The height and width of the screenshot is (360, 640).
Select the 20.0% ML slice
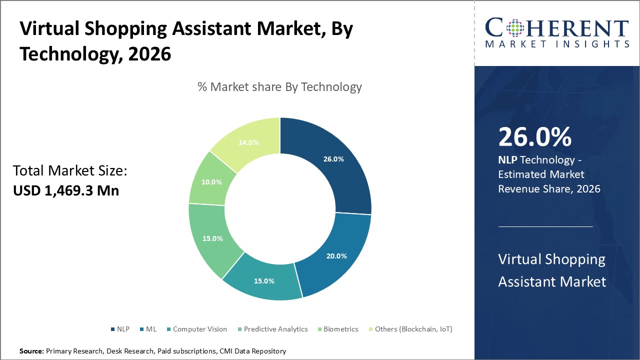(x=336, y=255)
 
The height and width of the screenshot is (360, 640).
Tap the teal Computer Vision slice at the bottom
(x=263, y=280)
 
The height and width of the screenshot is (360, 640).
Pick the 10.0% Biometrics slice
(x=212, y=182)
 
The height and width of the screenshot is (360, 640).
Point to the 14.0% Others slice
(x=248, y=142)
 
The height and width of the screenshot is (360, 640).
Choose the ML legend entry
(x=148, y=329)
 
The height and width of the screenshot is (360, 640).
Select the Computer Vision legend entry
(x=196, y=329)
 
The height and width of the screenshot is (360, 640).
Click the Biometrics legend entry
(x=337, y=329)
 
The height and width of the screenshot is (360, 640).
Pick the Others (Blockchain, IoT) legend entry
(x=410, y=329)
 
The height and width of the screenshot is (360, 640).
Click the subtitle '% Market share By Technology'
(x=279, y=87)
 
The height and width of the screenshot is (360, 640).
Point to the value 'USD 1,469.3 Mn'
(x=66, y=190)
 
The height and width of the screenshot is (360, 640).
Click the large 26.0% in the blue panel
(x=534, y=137)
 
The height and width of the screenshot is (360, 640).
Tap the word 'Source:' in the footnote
(x=31, y=351)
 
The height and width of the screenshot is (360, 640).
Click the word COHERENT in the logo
(x=557, y=28)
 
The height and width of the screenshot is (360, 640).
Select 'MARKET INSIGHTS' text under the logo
(x=557, y=44)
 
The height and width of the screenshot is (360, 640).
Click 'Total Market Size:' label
(x=70, y=171)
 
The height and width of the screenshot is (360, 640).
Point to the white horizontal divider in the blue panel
(x=545, y=226)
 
